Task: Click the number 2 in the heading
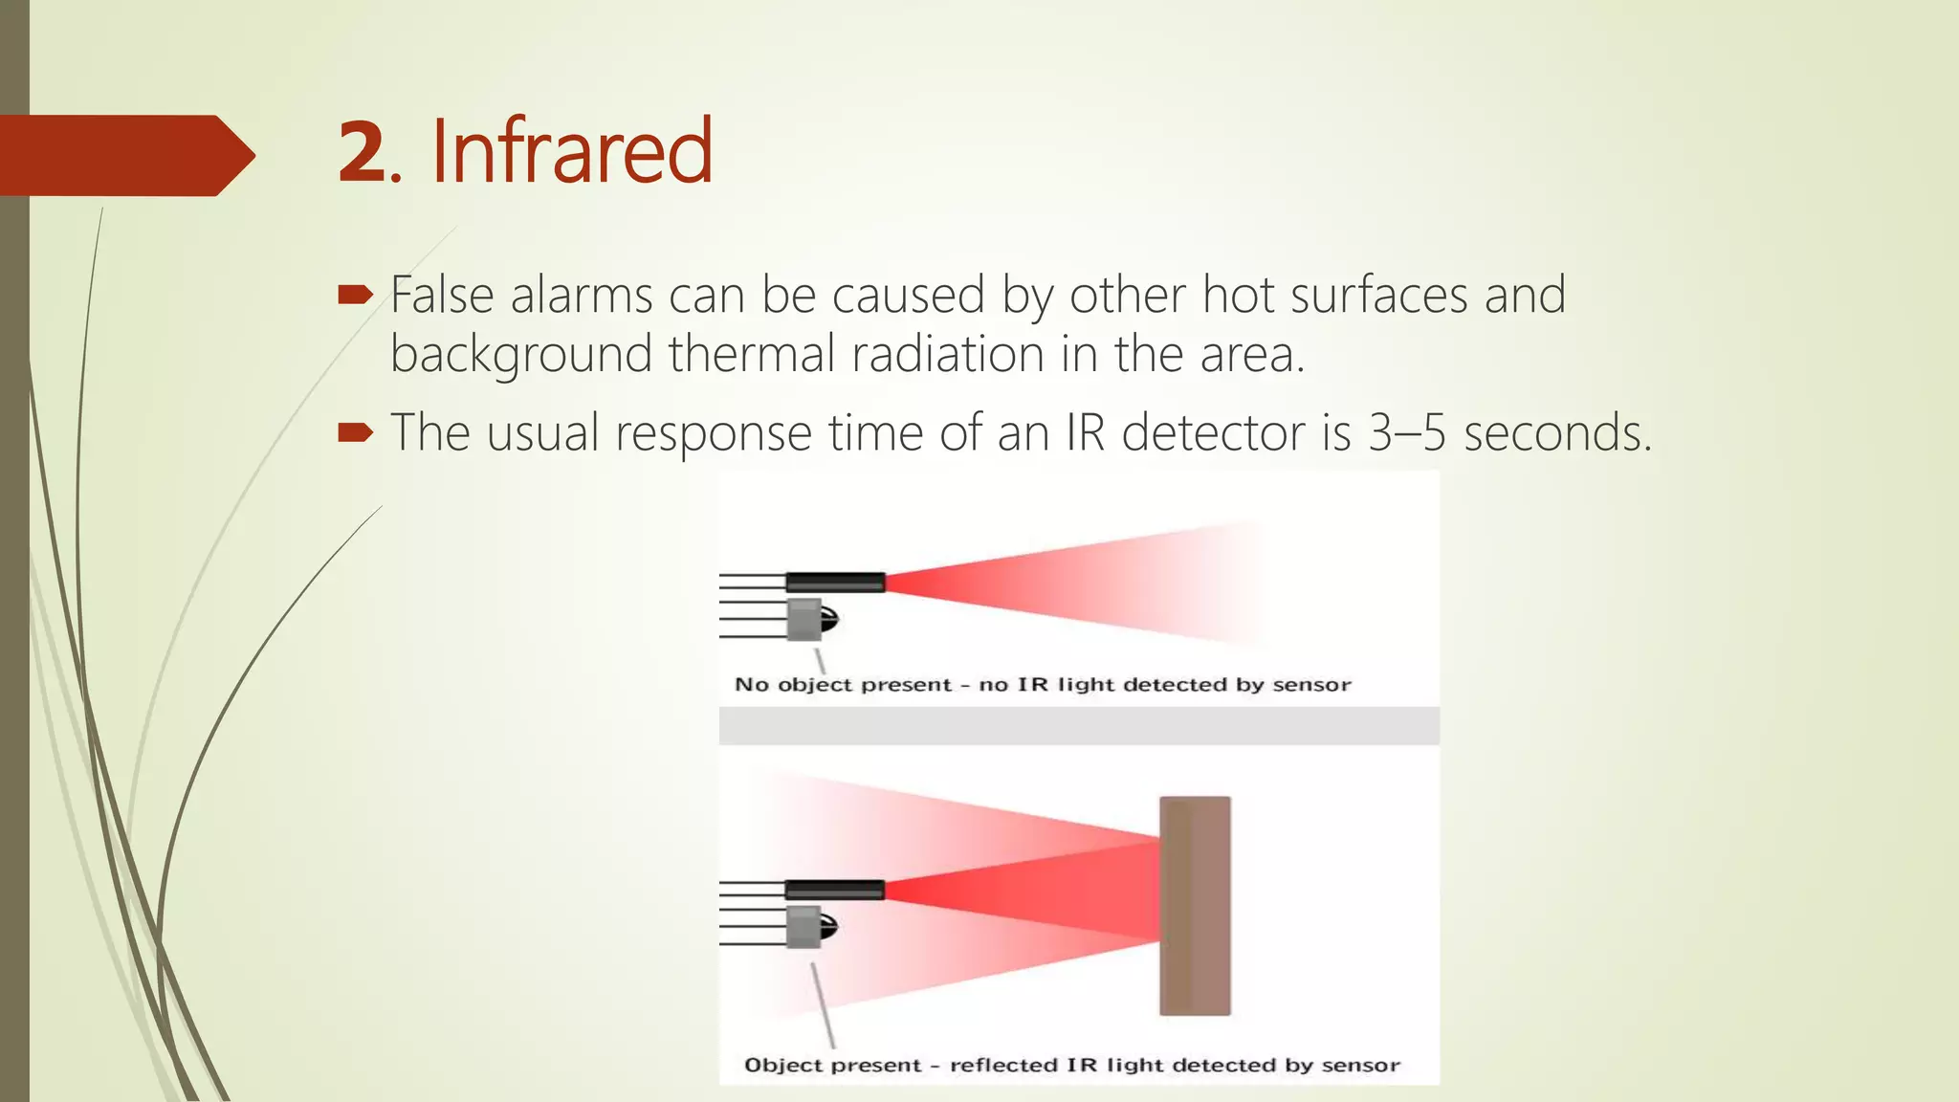[362, 153]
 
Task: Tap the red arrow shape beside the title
[124, 155]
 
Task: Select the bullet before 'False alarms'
[355, 295]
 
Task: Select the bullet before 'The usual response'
[355, 433]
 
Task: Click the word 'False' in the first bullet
[441, 295]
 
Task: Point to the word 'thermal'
[752, 354]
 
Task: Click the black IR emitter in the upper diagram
[835, 582]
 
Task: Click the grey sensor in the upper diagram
[806, 620]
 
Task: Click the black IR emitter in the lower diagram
[835, 890]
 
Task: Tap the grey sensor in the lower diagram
[806, 927]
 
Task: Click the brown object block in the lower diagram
[1195, 906]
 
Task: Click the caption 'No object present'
[843, 685]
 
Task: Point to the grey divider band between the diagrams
[1079, 726]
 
